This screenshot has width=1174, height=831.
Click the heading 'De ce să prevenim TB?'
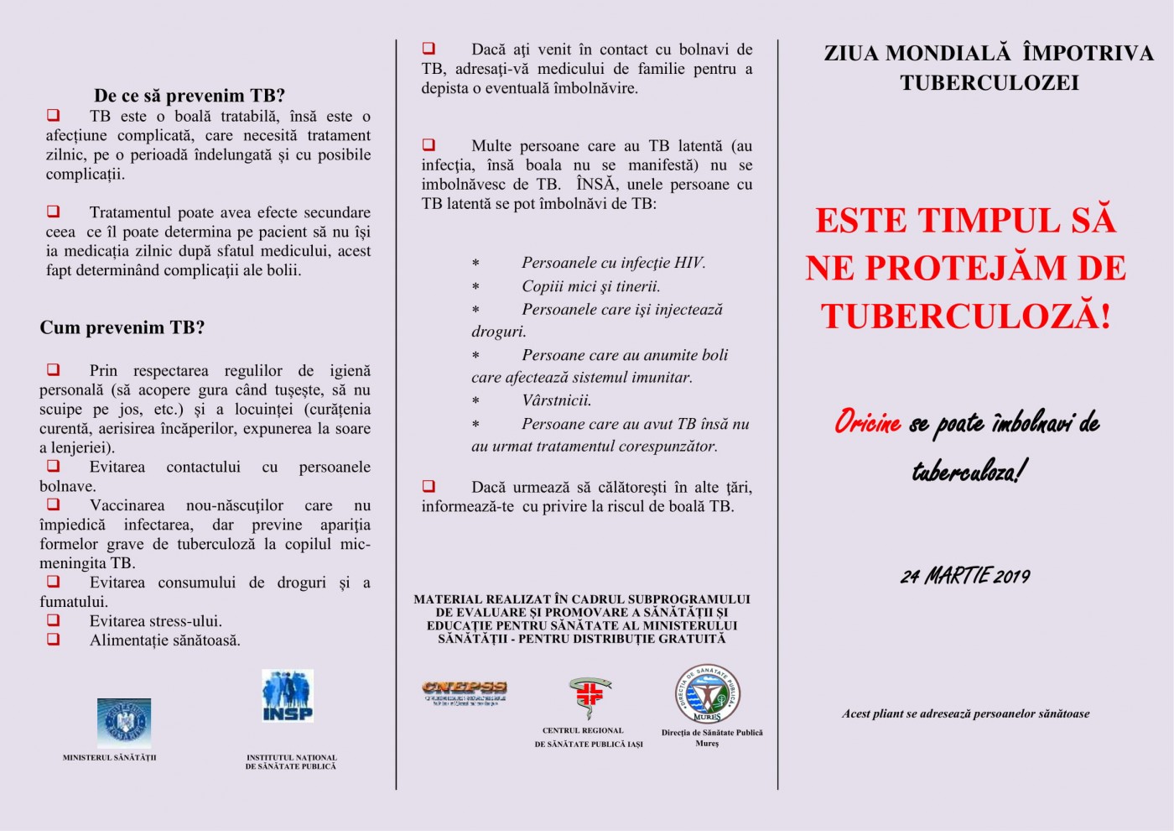pos(190,96)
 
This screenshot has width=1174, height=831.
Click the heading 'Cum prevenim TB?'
pos(122,327)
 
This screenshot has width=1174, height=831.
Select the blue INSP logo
pos(288,696)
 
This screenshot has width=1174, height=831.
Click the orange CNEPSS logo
pos(465,692)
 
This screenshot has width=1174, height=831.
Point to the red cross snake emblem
pos(590,697)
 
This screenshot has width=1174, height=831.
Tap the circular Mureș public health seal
pos(707,694)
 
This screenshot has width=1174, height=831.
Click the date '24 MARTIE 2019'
pos(965,576)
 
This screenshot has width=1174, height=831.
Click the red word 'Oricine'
pos(867,422)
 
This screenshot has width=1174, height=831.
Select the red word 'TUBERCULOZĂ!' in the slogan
pos(966,316)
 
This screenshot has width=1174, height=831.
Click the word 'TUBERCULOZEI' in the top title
pos(990,82)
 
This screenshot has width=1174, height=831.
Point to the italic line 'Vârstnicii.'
pos(557,400)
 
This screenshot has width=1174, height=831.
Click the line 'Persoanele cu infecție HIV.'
pos(613,263)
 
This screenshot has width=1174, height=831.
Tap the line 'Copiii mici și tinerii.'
pos(591,286)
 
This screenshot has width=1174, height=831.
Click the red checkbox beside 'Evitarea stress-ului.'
pos(54,620)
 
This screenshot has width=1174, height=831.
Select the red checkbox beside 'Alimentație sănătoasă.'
pos(54,640)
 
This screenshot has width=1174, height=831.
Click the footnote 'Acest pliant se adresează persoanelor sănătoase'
pos(966,713)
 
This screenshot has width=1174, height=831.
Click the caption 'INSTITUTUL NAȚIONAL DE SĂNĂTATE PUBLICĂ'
pos(291,761)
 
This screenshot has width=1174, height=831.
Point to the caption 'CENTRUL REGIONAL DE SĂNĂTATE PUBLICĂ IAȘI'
pos(589,737)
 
